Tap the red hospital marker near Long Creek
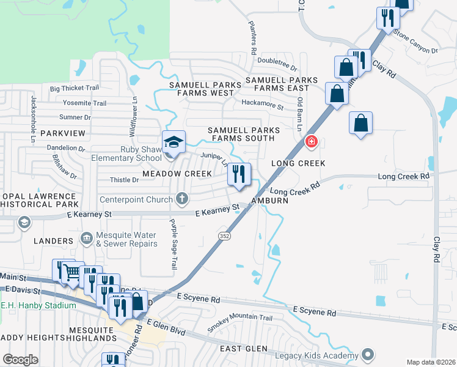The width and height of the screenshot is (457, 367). click(x=312, y=142)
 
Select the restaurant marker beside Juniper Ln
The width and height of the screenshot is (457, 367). click(x=239, y=174)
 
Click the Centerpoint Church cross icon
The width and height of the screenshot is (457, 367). click(x=181, y=198)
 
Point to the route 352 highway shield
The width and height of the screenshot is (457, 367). click(x=224, y=235)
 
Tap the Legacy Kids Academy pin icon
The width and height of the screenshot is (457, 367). click(x=367, y=354)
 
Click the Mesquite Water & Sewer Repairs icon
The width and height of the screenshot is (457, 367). click(x=87, y=237)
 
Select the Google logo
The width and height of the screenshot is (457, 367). click(x=21, y=360)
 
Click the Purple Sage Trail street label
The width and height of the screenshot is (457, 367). click(x=174, y=244)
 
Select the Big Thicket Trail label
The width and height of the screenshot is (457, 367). click(x=75, y=89)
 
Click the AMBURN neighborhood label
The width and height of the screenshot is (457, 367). click(x=269, y=201)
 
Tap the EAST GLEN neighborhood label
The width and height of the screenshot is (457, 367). click(x=244, y=349)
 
